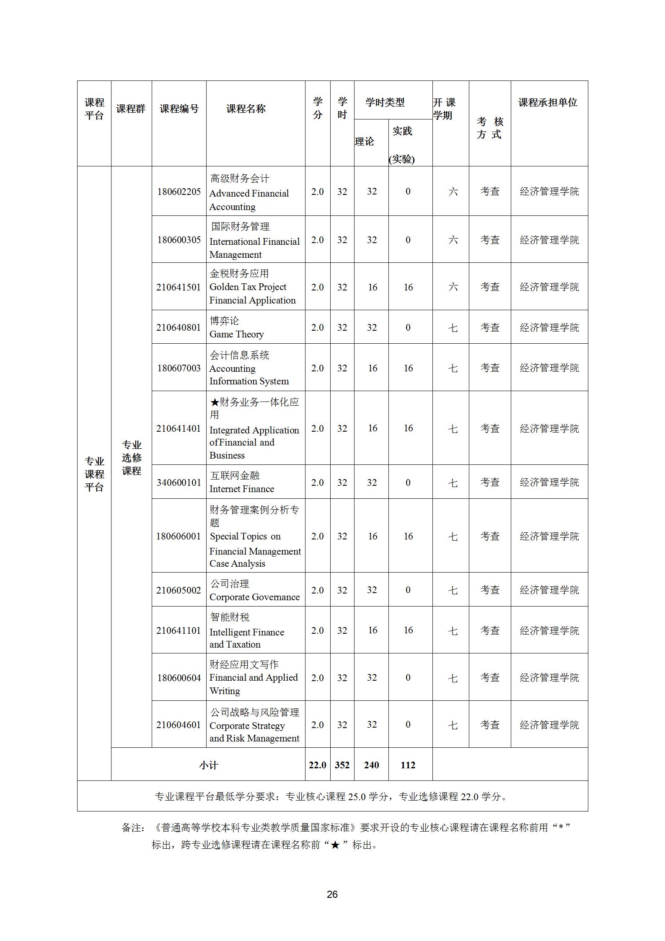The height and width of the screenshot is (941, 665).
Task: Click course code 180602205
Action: point(179,192)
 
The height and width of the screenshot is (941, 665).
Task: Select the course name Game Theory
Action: point(236,334)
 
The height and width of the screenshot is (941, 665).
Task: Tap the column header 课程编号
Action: point(179,109)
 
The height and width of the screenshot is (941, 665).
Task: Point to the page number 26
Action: point(332,894)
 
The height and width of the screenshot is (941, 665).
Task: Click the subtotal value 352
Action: point(342,765)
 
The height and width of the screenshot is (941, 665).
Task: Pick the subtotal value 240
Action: point(371,765)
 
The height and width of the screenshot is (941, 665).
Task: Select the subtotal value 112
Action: point(408,765)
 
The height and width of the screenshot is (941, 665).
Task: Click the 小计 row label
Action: point(208,765)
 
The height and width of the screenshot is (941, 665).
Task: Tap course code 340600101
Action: point(179,482)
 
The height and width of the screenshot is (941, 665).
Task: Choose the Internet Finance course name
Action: point(242,489)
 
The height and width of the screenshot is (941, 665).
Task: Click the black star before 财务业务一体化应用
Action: point(215,402)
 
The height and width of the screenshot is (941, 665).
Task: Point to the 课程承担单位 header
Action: point(548,102)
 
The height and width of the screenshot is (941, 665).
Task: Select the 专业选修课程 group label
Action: point(132,458)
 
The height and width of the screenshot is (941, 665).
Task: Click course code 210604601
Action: point(179,725)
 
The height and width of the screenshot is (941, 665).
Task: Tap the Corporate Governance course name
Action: point(254,597)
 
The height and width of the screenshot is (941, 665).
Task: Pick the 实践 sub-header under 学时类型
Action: point(402,131)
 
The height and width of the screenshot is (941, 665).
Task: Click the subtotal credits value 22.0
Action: point(317,765)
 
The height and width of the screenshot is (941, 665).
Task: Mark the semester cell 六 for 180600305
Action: point(453,240)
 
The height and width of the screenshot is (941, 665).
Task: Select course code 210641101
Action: point(179,630)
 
